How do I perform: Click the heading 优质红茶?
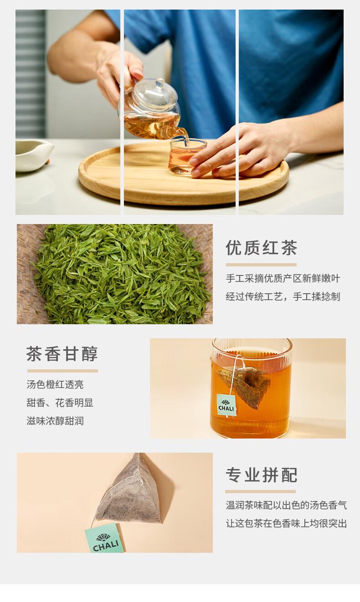pos(261,248)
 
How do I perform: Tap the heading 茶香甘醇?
pos(62,354)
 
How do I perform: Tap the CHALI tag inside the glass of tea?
pos(227,405)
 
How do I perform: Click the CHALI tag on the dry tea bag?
pos(105,538)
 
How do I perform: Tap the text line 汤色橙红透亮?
pos(55,385)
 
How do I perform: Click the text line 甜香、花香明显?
pos(60,403)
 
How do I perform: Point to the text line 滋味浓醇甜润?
pos(55,421)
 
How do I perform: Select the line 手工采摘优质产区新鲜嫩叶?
pos(283,278)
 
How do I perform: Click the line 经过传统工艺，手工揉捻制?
pos(283,296)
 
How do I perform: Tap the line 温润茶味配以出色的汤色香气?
pos(287,505)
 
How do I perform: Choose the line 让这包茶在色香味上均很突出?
pos(287,523)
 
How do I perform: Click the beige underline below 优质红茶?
pos(261,265)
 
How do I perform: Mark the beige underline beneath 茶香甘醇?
pos(62,371)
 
